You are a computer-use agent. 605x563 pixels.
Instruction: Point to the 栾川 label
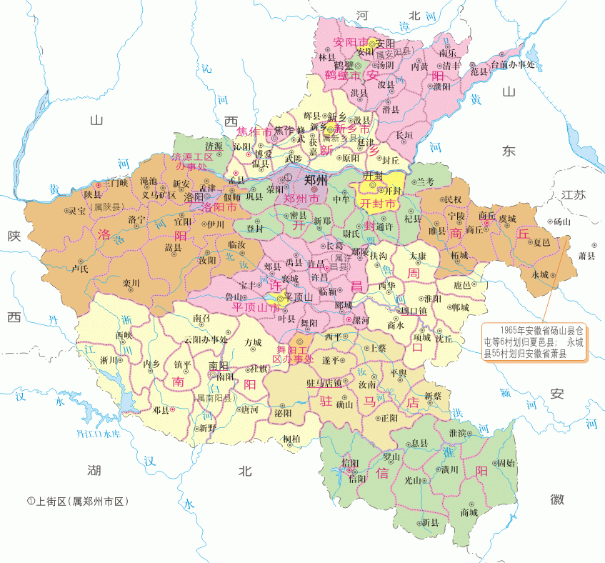[131, 283]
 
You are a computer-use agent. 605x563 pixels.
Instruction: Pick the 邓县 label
[161, 410]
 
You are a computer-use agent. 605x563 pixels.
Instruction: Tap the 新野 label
[207, 428]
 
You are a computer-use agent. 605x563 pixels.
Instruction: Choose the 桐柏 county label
[291, 438]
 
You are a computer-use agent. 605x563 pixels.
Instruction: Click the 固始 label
[506, 463]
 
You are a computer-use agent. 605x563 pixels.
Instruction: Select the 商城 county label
[469, 512]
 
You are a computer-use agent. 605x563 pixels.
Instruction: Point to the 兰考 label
[426, 182]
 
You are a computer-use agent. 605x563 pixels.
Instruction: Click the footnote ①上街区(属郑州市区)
[76, 502]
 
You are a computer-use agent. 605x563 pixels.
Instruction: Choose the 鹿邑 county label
[463, 285]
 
